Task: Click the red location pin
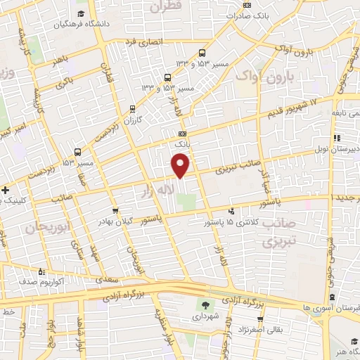[181, 165]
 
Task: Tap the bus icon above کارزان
[132, 108]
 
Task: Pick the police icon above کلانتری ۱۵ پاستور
[231, 210]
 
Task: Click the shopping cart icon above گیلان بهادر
[116, 210]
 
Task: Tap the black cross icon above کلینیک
[5, 190]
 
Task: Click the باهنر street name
[60, 63]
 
